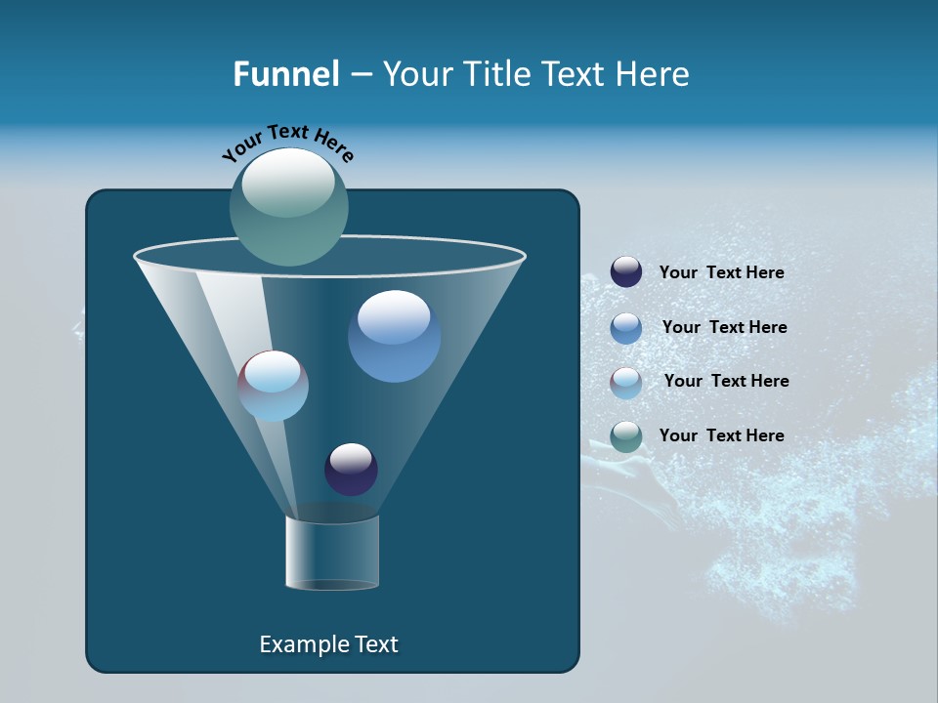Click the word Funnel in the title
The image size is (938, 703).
click(x=285, y=74)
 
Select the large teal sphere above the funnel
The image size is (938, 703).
click(x=288, y=207)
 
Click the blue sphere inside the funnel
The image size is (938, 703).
click(x=394, y=337)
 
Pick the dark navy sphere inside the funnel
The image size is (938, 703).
click(x=351, y=470)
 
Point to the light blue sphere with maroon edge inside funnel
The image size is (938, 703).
click(x=273, y=386)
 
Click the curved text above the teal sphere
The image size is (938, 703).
click(x=288, y=142)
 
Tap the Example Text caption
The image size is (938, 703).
click(x=328, y=644)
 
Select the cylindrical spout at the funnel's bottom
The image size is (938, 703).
click(x=332, y=553)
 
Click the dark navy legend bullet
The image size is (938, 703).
click(x=626, y=272)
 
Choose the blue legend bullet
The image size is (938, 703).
click(x=626, y=328)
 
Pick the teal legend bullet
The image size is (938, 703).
click(x=626, y=436)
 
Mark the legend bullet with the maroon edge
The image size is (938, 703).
click(x=626, y=382)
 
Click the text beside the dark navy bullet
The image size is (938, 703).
click(x=721, y=273)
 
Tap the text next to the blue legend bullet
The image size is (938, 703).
click(x=724, y=328)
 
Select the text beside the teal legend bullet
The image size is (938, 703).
click(x=721, y=436)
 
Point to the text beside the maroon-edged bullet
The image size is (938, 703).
click(x=726, y=382)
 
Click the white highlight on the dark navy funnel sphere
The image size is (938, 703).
click(x=351, y=457)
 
